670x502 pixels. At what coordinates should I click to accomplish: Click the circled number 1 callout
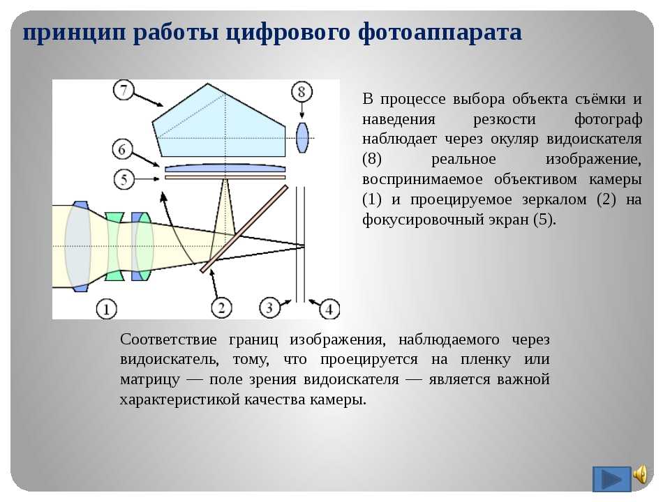click(106, 309)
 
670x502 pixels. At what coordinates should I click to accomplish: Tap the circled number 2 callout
click(221, 307)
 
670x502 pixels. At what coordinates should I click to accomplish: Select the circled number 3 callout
click(269, 307)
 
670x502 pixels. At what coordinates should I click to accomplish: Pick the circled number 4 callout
click(329, 309)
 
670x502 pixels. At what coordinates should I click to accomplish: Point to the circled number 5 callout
click(124, 179)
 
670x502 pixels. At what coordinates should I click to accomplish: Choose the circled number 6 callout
click(123, 149)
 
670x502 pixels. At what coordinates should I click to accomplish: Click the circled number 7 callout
click(124, 90)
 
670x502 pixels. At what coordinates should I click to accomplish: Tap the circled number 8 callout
click(301, 92)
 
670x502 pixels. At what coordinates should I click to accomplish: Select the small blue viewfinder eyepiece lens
click(302, 137)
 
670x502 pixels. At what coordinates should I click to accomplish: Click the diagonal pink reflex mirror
click(244, 229)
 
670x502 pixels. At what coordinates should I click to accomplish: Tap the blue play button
click(611, 479)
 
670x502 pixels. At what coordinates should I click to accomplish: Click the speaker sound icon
click(640, 474)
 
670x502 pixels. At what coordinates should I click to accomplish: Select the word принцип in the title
click(75, 33)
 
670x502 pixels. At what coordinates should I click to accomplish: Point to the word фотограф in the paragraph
click(608, 119)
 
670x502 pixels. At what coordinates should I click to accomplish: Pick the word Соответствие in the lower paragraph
click(168, 340)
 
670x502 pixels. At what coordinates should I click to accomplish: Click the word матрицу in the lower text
click(150, 379)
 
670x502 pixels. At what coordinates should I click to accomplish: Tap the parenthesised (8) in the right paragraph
click(372, 159)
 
